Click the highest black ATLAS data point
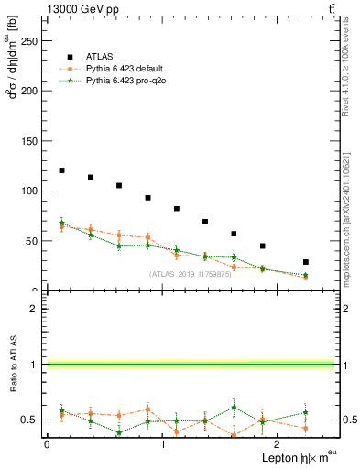61,170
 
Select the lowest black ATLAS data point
305,262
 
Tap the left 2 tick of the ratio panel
36,310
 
